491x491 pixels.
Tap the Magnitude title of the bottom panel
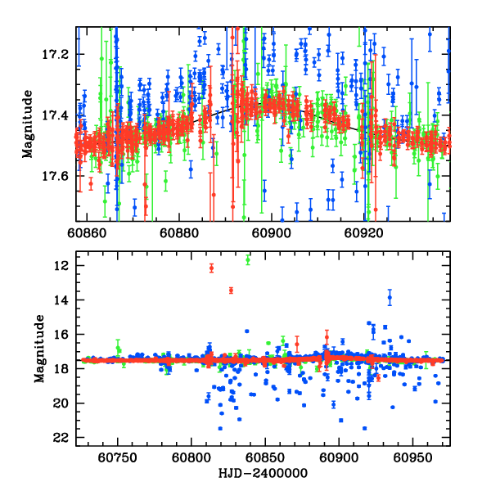pos(39,352)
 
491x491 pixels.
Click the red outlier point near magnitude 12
pos(211,268)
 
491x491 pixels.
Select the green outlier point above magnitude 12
pos(248,259)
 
